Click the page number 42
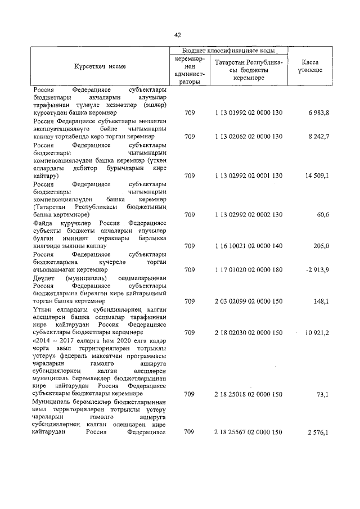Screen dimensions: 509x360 pyautogui.click(x=178, y=35)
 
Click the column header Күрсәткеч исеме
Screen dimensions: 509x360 pyautogui.click(x=100, y=66)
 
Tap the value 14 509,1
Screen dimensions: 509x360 pyautogui.click(x=317, y=175)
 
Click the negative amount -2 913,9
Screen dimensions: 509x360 pyautogui.click(x=317, y=269)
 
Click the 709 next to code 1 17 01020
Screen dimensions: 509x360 pyautogui.click(x=190, y=269)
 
